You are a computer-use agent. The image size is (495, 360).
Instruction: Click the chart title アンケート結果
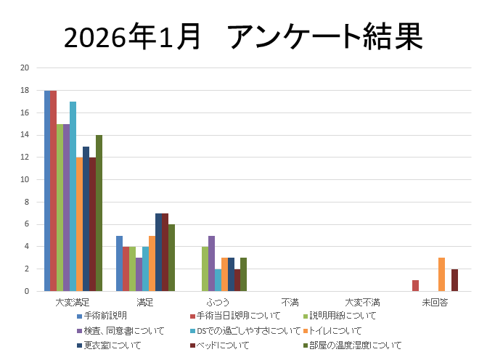[x=243, y=36]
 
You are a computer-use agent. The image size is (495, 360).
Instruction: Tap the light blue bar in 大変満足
[x=73, y=196]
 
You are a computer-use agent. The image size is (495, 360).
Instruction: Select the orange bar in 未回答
[x=441, y=274]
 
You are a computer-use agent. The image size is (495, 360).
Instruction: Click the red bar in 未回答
[x=415, y=286]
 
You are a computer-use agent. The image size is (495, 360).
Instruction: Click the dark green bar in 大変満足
[x=99, y=213]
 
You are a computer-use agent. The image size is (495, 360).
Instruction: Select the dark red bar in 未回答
[x=454, y=280]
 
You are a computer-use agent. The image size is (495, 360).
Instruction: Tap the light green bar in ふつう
[x=205, y=269]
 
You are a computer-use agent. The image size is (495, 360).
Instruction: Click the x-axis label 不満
[x=290, y=302]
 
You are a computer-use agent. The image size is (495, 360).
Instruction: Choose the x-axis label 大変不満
[x=362, y=302]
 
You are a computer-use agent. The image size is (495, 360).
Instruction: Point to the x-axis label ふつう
[x=217, y=302]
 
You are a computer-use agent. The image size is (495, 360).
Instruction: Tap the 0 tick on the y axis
[x=27, y=292]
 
